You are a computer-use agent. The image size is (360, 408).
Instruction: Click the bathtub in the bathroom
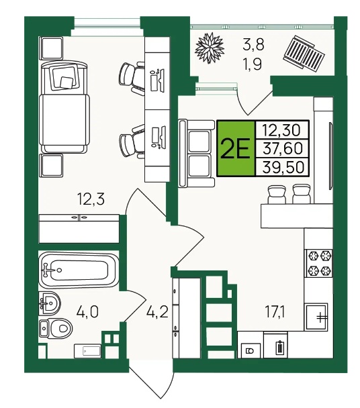point(78,270)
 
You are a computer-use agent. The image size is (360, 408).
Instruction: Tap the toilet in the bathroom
point(56,328)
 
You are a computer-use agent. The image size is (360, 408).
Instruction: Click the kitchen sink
point(316,317)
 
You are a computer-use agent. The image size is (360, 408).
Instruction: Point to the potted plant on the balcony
point(210,48)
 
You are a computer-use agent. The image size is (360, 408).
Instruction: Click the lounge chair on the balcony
point(304,53)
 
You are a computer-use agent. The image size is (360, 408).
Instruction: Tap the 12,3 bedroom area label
point(91,199)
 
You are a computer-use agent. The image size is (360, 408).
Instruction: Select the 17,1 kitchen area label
point(275,311)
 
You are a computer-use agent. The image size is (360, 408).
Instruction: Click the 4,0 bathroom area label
point(87,311)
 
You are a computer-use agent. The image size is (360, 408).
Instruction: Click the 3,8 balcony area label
point(253,44)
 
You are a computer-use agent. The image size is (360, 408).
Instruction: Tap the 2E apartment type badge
point(235,148)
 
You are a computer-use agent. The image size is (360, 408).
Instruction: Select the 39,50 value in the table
point(283,167)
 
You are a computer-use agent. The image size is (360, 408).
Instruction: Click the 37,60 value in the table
point(283,148)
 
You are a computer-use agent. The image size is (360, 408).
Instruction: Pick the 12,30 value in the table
point(281,130)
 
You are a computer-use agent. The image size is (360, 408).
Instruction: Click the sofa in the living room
point(197,153)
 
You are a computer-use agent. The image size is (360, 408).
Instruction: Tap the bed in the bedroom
point(64,107)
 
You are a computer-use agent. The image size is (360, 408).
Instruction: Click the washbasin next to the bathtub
point(49,303)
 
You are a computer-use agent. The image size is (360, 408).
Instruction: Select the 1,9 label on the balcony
point(252,64)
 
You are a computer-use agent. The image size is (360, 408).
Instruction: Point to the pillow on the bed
point(64,76)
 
